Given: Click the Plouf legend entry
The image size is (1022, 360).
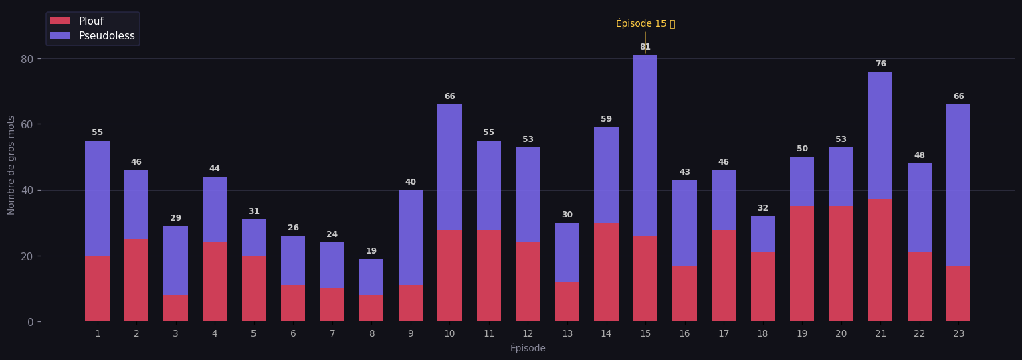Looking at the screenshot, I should (91, 21).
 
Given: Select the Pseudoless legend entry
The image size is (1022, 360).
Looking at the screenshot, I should (106, 36).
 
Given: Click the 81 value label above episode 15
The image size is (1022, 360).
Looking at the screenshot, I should (645, 48).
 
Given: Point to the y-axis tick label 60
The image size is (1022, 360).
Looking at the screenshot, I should (27, 124).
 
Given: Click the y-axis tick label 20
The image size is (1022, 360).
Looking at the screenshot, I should (27, 256).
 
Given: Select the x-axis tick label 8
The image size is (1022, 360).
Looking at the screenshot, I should (371, 333).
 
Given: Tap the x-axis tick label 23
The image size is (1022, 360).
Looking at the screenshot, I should (958, 333).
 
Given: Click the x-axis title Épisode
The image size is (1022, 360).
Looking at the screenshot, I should (528, 349).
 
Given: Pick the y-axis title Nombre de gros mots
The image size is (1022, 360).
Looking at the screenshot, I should (11, 165).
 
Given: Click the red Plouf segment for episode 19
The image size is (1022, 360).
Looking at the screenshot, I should (802, 264).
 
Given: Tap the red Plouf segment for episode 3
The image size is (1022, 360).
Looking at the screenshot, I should (175, 308).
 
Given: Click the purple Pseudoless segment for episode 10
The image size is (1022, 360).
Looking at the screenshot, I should (449, 167).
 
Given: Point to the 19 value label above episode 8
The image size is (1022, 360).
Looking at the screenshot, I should (371, 252).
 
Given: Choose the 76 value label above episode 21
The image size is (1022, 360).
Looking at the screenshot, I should (880, 64).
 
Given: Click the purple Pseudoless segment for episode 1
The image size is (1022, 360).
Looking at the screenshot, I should (97, 198).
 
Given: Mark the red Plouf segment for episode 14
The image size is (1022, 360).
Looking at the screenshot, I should (606, 272).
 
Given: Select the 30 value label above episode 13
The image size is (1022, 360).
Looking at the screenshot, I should (567, 215).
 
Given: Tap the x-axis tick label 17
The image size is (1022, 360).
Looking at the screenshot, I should (724, 333).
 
